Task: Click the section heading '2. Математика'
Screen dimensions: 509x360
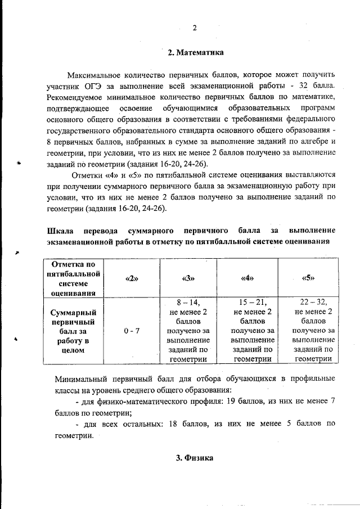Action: pos(195,53)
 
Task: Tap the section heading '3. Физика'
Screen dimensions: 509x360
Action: pos(195,458)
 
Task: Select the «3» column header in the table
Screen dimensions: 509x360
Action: pos(188,278)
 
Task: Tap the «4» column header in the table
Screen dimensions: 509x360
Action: pos(248,278)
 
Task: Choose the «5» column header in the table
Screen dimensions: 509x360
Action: pos(308,278)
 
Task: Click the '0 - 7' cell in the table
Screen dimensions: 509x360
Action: pos(131,331)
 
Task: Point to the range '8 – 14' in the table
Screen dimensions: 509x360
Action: pos(188,302)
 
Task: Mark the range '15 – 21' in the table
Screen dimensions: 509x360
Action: pos(249,302)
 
